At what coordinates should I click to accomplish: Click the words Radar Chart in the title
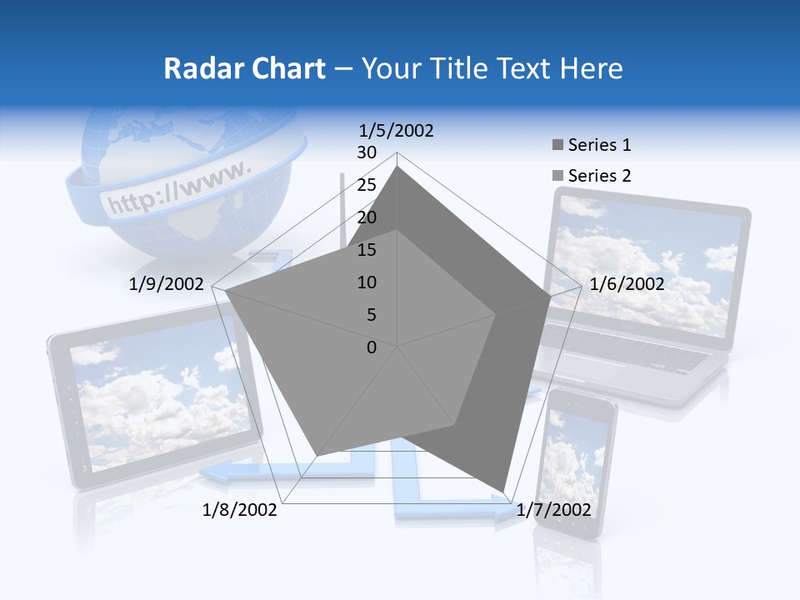click(244, 68)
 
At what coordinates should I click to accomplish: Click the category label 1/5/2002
click(397, 131)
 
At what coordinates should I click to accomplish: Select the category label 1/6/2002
click(627, 284)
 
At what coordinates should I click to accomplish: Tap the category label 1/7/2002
click(553, 510)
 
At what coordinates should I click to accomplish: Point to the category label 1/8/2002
click(240, 510)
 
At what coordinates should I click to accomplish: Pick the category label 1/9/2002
click(167, 284)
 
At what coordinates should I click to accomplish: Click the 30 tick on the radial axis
click(367, 152)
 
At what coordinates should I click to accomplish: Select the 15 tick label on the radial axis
click(367, 250)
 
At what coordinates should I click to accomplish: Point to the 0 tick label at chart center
click(372, 347)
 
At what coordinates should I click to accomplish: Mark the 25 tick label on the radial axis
click(367, 185)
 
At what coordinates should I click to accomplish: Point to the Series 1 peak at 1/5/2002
click(397, 166)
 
